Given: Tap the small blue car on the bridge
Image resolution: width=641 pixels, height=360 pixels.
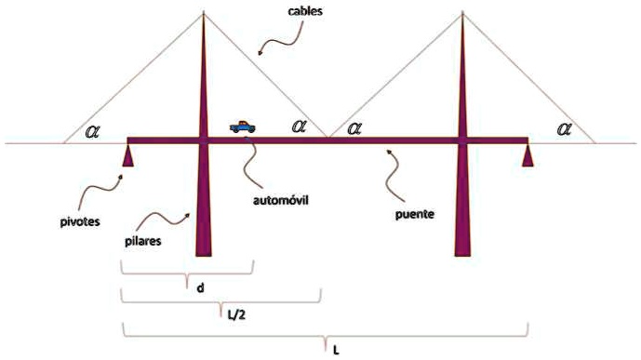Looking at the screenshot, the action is tap(245, 127).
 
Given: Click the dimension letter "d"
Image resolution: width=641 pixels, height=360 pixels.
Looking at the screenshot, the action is tap(200, 287).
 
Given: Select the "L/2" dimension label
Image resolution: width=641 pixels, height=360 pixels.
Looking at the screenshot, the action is tap(237, 314).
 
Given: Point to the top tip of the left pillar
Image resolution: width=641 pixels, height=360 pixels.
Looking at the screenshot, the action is tap(203, 14).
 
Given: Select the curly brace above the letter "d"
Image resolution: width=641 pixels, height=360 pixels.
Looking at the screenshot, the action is tap(187, 269).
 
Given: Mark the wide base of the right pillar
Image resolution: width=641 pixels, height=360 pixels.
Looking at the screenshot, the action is tap(461, 247).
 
